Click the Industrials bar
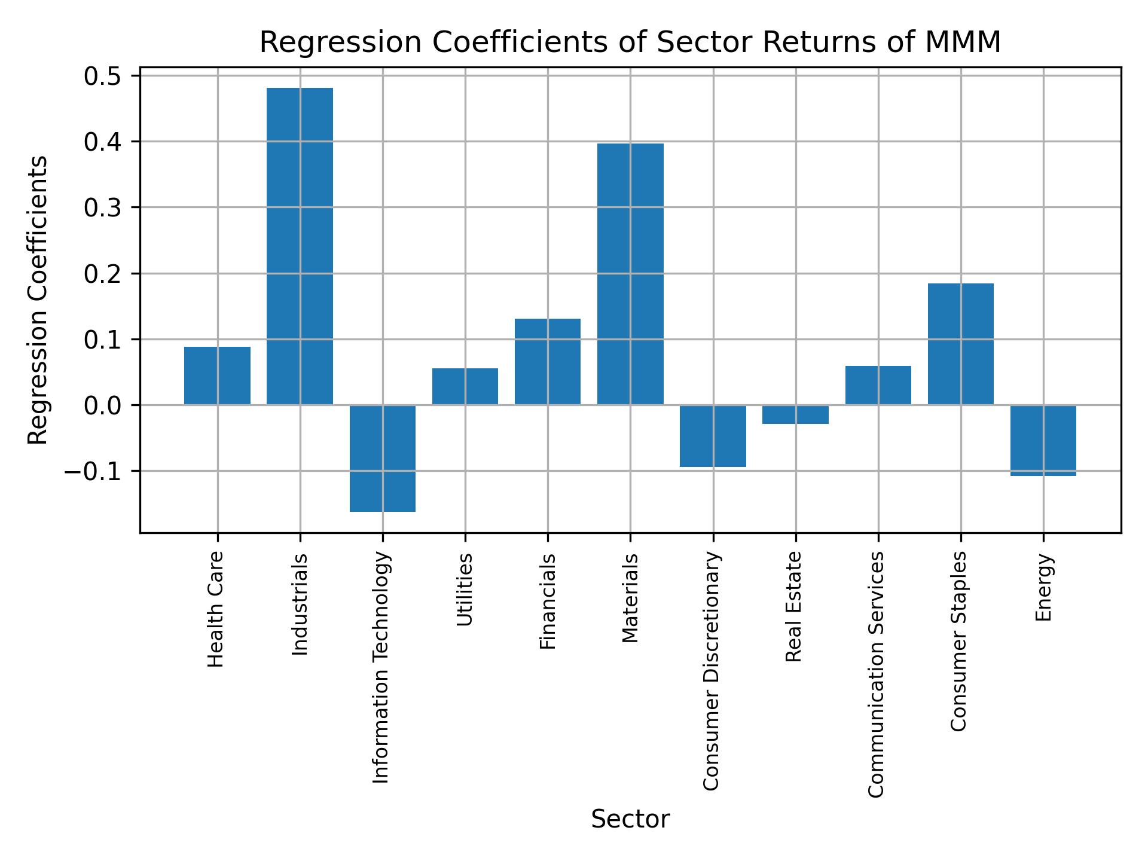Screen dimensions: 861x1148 pyautogui.click(x=300, y=246)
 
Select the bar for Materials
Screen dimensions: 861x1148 pyautogui.click(x=630, y=274)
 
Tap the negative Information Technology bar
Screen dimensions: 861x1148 pyautogui.click(x=383, y=458)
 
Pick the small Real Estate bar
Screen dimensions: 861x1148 pyautogui.click(x=795, y=414)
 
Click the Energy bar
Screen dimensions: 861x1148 pyautogui.click(x=1043, y=440)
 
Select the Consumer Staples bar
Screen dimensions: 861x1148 pyautogui.click(x=960, y=344)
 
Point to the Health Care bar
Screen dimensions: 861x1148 pyautogui.click(x=217, y=375)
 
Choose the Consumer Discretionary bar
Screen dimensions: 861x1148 pyautogui.click(x=713, y=436)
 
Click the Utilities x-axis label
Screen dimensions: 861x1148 pyautogui.click(x=465, y=590)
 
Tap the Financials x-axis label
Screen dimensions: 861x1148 pyautogui.click(x=548, y=601)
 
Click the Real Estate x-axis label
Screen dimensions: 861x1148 pyautogui.click(x=793, y=607)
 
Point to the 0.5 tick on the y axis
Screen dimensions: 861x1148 pyautogui.click(x=102, y=77)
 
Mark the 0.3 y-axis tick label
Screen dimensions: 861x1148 pyautogui.click(x=102, y=208)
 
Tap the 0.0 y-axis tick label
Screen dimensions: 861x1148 pyautogui.click(x=102, y=406)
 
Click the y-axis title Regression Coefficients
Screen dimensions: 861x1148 pyautogui.click(x=38, y=300)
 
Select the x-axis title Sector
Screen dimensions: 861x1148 pyautogui.click(x=630, y=819)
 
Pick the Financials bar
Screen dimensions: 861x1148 pyautogui.click(x=548, y=361)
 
